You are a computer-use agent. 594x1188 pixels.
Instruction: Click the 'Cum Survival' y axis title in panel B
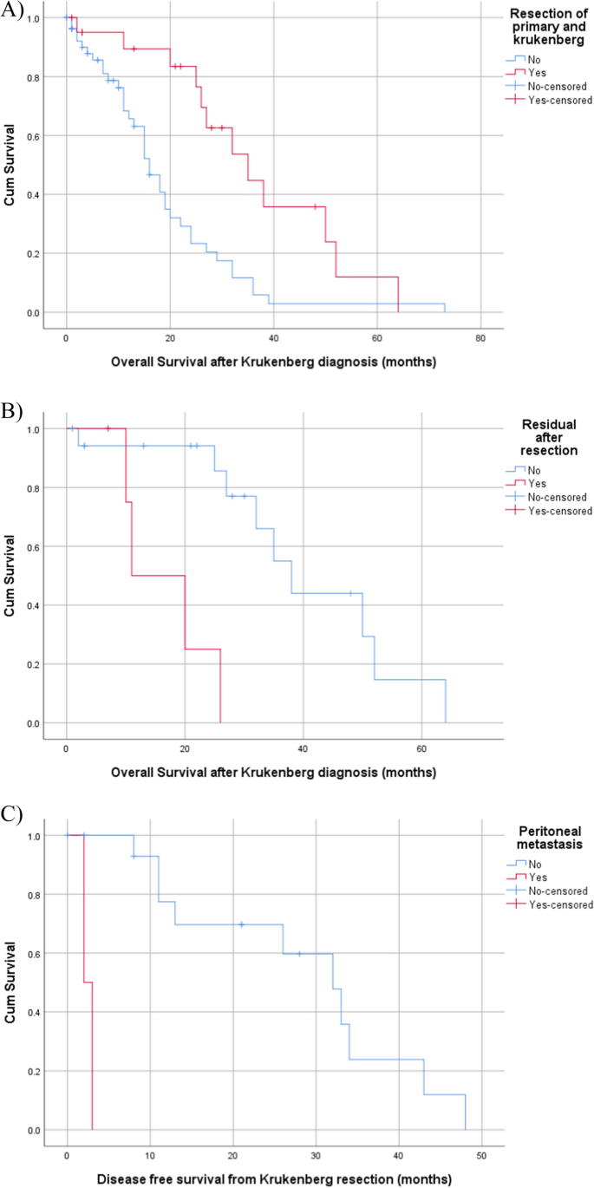[10, 576]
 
